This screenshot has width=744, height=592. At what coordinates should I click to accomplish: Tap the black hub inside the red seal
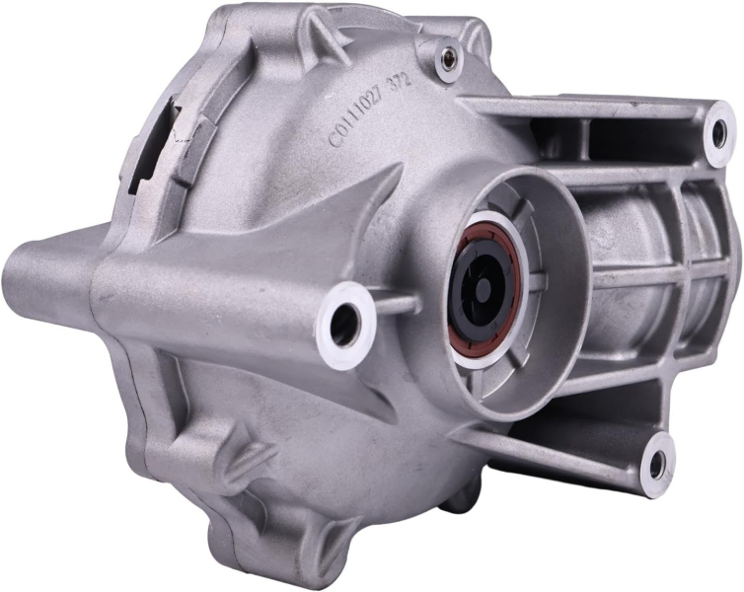click(483, 285)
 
